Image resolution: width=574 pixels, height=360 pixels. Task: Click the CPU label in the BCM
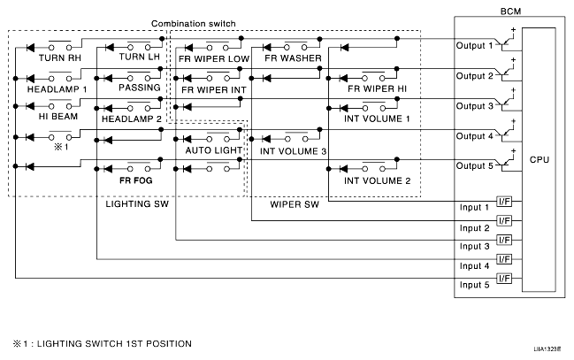[540, 160]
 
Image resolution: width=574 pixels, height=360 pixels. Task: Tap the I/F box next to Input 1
[504, 202]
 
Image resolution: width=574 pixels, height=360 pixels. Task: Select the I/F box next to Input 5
[504, 279]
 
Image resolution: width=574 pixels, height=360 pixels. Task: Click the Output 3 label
[474, 106]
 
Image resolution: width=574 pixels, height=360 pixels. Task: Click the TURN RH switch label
[59, 57]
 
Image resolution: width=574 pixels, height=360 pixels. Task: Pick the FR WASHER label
[293, 57]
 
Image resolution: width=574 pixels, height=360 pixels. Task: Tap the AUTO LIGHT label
[213, 150]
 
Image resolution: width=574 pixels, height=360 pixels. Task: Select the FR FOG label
[135, 180]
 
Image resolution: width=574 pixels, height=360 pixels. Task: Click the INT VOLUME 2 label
[377, 180]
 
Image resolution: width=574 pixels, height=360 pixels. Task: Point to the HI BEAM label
[58, 117]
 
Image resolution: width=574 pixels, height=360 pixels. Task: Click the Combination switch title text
[194, 24]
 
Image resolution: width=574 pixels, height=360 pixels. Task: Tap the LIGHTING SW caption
[137, 204]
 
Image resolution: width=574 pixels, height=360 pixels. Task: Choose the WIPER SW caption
[295, 204]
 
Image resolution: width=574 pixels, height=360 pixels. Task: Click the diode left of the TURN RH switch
[30, 48]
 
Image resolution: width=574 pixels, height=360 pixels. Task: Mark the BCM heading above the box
[510, 11]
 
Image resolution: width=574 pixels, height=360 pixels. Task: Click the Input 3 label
[474, 246]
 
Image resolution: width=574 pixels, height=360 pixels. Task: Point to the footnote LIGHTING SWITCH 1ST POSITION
[114, 344]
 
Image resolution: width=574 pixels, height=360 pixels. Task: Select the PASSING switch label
[140, 88]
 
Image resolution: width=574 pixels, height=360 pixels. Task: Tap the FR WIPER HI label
[377, 88]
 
